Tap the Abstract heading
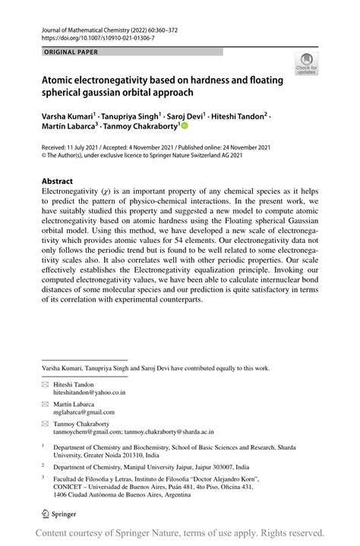57,181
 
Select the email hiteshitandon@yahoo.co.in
90,393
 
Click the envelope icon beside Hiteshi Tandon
45,384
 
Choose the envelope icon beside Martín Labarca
45,406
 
